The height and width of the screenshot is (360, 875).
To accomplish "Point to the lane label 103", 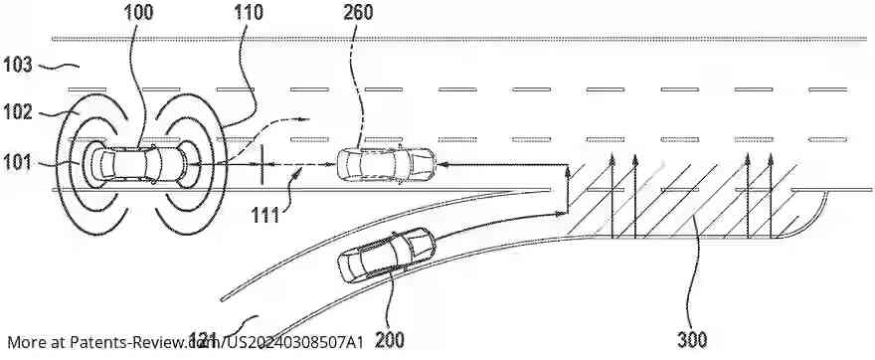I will (19, 66).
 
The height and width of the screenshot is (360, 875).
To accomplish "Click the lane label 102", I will (19, 112).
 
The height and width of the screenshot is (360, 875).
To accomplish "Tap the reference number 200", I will (390, 339).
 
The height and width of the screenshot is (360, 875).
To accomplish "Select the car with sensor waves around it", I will (140, 163).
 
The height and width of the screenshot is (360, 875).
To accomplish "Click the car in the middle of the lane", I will (386, 163).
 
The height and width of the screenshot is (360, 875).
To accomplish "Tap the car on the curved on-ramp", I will (386, 256).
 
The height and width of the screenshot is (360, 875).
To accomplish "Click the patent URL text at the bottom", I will (185, 342).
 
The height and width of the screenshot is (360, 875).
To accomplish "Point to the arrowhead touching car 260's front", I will (440, 163).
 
